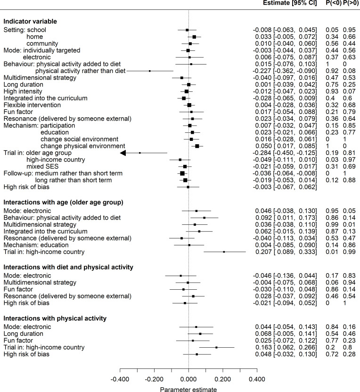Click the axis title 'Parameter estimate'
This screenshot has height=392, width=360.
point(188,376)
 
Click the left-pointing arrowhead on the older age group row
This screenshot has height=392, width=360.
point(123,153)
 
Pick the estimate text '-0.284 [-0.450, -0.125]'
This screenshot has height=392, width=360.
point(284,153)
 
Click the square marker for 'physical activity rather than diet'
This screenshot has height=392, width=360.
point(150,71)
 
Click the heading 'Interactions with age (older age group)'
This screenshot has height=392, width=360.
point(63,202)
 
